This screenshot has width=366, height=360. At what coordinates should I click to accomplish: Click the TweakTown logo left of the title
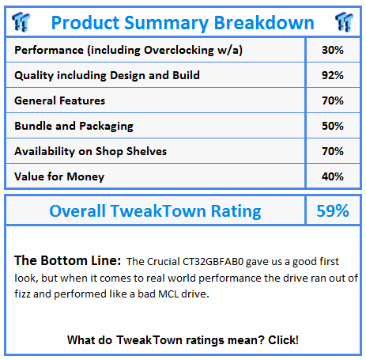[x=21, y=21]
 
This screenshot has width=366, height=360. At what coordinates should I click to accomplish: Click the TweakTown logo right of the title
[x=344, y=21]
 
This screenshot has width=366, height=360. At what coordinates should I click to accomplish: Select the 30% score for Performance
[x=333, y=50]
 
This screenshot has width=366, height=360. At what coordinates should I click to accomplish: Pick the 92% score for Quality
[x=333, y=75]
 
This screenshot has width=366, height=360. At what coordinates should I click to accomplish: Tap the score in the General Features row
[x=333, y=100]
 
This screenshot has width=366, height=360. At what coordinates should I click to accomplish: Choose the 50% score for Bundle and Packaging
[x=333, y=126]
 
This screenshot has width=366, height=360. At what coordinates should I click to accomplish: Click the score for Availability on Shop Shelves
[x=333, y=151]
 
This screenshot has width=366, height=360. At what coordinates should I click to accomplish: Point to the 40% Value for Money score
[x=333, y=176]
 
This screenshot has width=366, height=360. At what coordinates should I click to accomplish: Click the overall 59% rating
[x=333, y=210]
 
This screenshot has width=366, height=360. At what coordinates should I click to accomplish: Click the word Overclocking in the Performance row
[x=179, y=51]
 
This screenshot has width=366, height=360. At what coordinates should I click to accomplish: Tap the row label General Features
[x=59, y=100]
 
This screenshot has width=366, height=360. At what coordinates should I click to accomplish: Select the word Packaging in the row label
[x=106, y=127]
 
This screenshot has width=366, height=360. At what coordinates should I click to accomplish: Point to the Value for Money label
[x=59, y=177]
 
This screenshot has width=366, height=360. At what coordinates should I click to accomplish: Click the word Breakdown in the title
[x=264, y=23]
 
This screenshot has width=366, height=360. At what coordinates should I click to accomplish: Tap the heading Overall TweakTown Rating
[x=155, y=211]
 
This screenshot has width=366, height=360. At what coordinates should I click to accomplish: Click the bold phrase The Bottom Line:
[x=68, y=260]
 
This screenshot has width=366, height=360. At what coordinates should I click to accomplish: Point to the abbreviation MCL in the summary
[x=168, y=294]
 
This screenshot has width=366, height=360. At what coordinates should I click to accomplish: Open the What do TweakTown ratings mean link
[x=183, y=340]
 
